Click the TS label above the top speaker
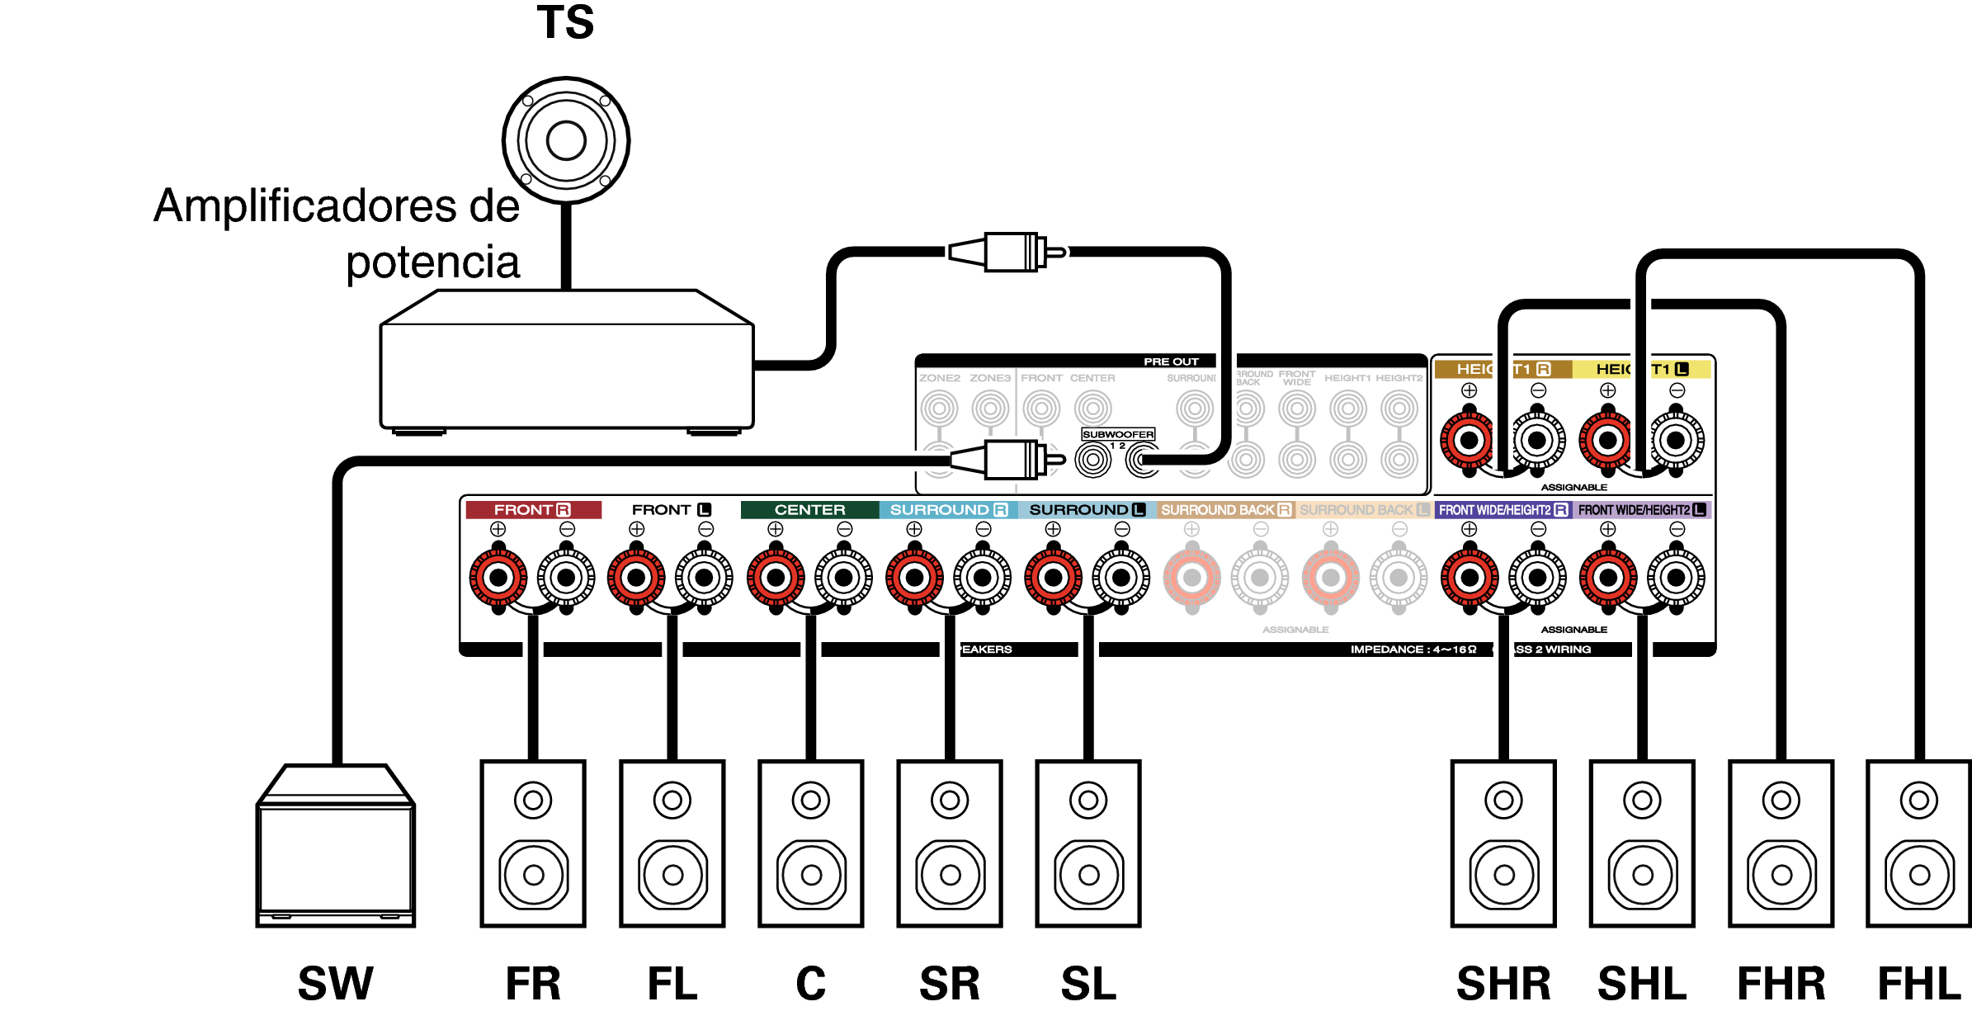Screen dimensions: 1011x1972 click(565, 22)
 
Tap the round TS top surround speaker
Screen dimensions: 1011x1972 click(566, 140)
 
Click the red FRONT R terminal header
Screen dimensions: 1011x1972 click(533, 510)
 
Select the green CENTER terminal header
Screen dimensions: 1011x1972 click(809, 510)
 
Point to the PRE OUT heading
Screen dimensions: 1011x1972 click(1170, 361)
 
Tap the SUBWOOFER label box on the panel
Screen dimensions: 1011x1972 click(1118, 434)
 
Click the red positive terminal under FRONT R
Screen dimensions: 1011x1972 click(498, 578)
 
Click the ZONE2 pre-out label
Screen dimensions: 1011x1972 click(940, 378)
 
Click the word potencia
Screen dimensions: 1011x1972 click(432, 262)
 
